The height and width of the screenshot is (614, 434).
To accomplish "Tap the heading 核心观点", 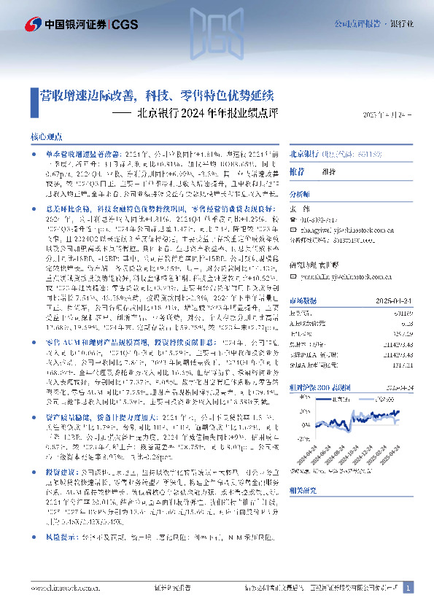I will click(x=47, y=136).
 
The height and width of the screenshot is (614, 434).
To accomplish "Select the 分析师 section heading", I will click(x=300, y=195).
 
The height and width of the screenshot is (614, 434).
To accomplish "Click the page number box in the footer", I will click(x=408, y=586).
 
